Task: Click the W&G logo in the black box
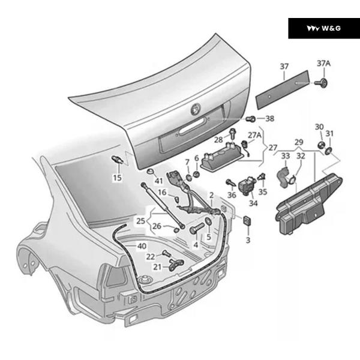point(323,28)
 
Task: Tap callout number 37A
point(323,64)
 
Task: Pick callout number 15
point(117,178)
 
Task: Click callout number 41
point(158,181)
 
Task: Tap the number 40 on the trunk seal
point(142,246)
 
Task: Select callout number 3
point(247,240)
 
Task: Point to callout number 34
point(253,203)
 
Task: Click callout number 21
point(157,268)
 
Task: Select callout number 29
point(299,142)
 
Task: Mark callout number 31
point(329,134)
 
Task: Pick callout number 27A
point(255,136)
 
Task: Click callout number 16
point(162,193)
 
